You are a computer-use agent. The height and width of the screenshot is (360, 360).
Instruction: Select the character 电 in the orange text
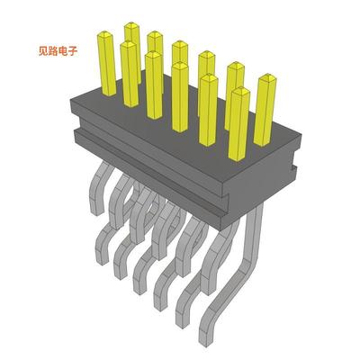tap(60, 50)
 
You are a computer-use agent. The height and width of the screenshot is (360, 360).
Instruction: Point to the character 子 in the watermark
tap(72, 50)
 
